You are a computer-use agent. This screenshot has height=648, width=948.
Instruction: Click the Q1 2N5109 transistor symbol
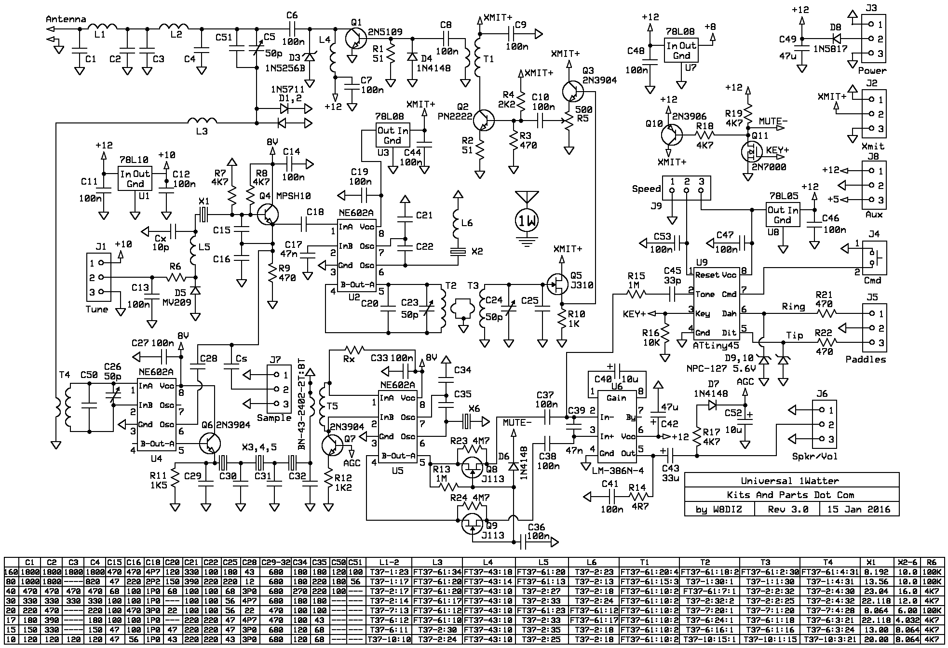[x=356, y=37]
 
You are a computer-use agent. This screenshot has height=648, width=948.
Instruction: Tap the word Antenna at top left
[x=66, y=19]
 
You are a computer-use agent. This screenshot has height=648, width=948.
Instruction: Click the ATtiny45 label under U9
[x=716, y=346]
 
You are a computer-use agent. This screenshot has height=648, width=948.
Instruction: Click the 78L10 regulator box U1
[x=135, y=178]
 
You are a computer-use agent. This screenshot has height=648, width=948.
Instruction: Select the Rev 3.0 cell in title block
[x=787, y=509]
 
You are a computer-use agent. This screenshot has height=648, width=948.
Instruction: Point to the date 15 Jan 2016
[x=859, y=509]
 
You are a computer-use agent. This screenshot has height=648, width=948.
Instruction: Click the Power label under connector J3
[x=872, y=70]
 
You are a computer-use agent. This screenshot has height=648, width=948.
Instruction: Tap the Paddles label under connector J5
[x=866, y=359]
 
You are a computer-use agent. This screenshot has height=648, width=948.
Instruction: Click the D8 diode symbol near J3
[x=836, y=38]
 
